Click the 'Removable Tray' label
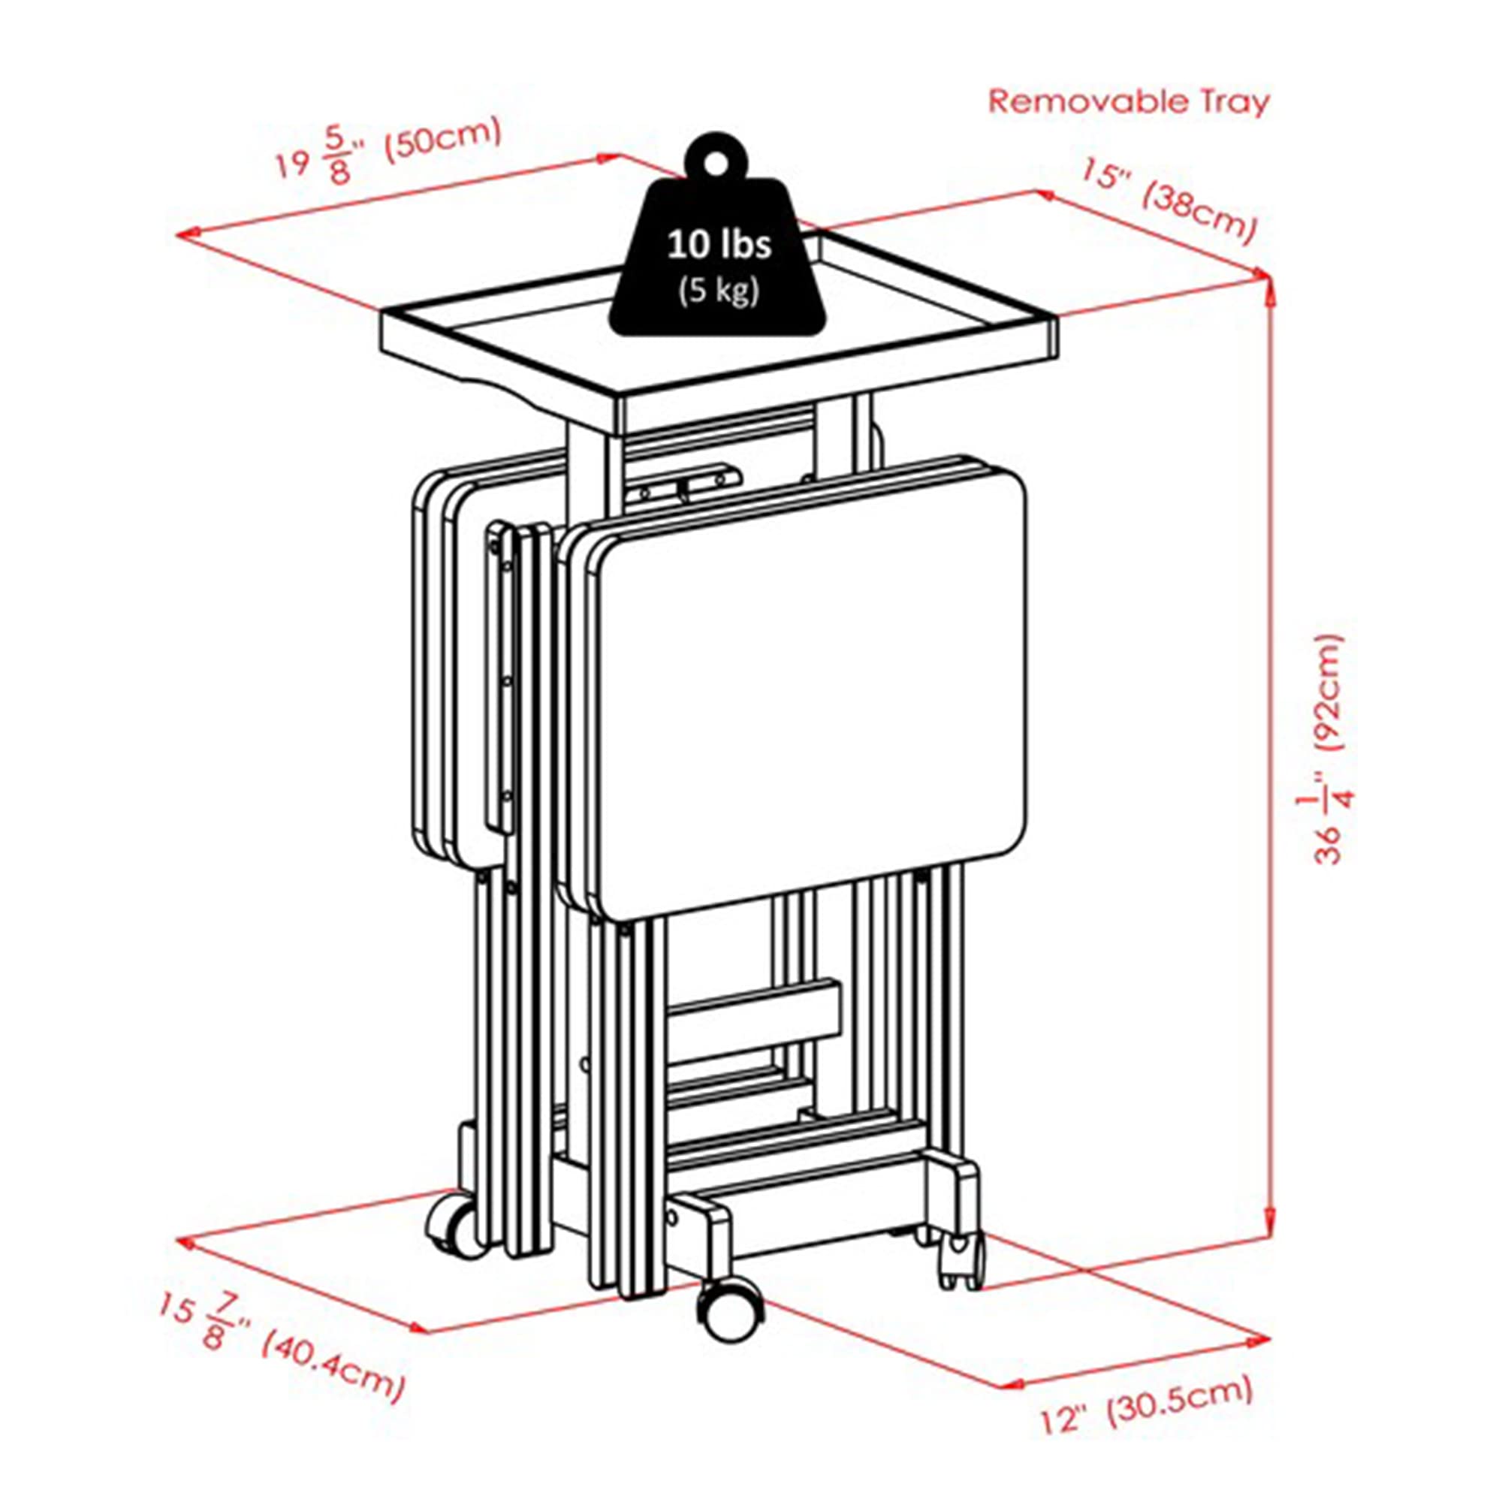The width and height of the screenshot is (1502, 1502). point(1128,102)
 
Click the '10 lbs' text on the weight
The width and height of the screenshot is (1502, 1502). point(719,244)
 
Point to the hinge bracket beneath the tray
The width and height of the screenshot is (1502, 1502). point(685,483)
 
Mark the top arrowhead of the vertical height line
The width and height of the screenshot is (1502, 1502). point(1271,285)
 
